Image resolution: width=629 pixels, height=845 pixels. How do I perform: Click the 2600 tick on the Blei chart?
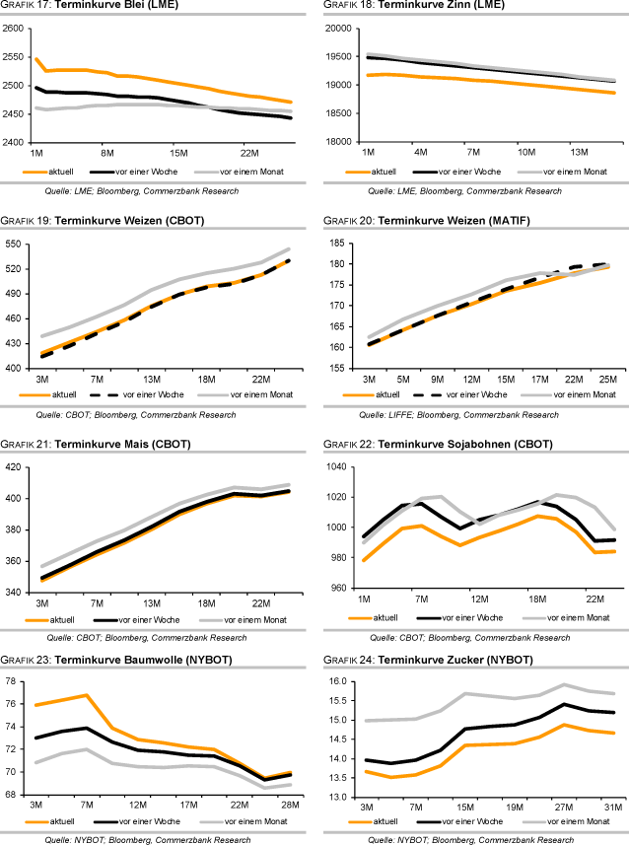pos(13,29)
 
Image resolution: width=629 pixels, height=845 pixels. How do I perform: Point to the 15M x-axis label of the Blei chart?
pos(178,153)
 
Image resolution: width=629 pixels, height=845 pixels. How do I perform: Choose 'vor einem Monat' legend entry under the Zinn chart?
pos(552,173)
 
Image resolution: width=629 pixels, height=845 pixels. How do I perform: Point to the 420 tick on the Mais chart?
pos(17,466)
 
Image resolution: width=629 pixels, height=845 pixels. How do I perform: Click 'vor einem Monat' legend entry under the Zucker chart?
pos(552,820)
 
